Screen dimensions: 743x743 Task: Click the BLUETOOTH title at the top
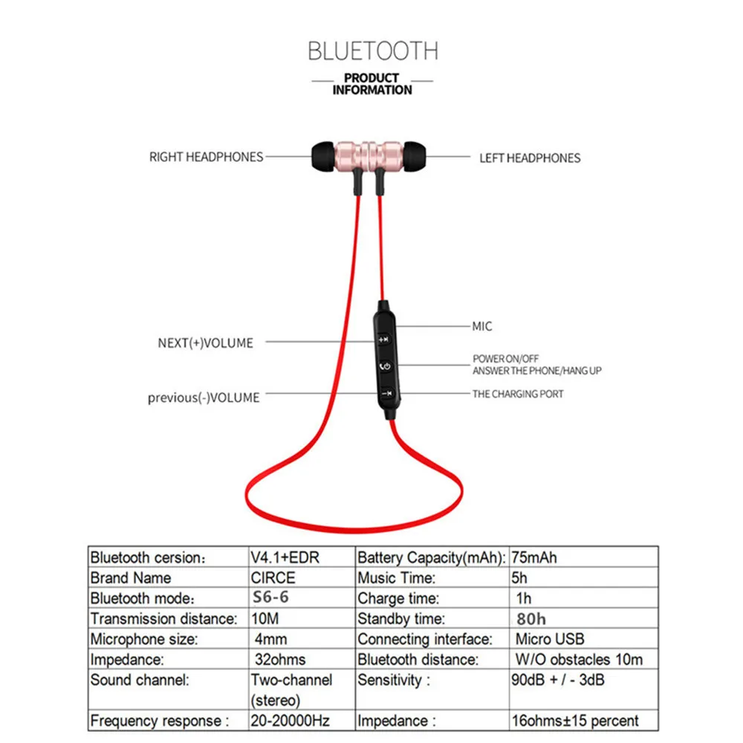[372, 51]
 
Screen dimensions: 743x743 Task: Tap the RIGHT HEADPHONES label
[207, 157]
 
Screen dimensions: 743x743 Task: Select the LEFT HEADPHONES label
[530, 158]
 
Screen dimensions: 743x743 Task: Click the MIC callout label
[482, 326]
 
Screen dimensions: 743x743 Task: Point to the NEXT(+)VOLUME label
[206, 343]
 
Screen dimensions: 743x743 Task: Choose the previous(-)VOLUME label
[204, 398]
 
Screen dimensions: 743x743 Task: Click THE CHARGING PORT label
[518, 394]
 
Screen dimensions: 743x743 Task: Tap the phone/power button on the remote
[384, 366]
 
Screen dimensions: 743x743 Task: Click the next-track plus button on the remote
[384, 340]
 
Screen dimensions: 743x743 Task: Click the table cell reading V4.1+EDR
[285, 557]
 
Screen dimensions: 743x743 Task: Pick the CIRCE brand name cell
[273, 577]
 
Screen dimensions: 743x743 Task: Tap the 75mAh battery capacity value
[534, 557]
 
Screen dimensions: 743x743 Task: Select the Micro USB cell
[550, 638]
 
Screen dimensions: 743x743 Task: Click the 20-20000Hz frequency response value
[290, 720]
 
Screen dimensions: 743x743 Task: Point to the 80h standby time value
[531, 617]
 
